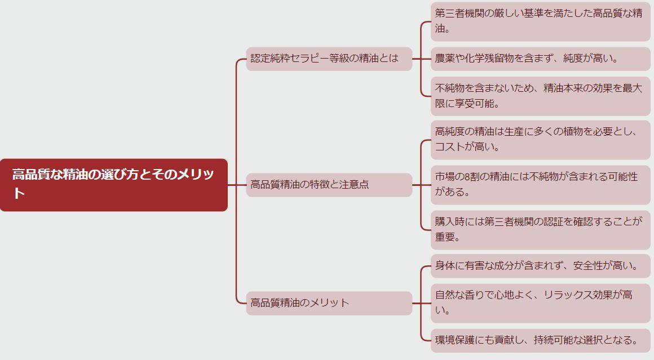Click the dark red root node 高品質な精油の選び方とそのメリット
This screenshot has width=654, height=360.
click(114, 185)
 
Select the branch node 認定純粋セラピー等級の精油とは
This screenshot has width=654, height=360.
click(329, 59)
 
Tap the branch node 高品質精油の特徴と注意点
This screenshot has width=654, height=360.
click(329, 185)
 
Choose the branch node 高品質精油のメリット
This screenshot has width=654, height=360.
click(329, 303)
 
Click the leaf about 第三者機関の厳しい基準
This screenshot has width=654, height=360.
click(540, 21)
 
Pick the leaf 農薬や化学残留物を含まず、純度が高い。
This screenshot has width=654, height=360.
click(540, 59)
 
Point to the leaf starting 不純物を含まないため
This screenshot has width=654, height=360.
click(540, 96)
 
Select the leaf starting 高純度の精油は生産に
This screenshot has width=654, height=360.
click(540, 140)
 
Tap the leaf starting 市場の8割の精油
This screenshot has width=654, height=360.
click(540, 185)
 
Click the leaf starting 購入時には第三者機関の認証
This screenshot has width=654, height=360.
click(540, 230)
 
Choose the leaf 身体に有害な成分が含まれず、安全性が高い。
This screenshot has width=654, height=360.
click(540, 266)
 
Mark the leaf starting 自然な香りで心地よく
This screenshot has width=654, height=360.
click(540, 303)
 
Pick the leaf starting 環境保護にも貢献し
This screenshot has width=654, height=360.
click(540, 340)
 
